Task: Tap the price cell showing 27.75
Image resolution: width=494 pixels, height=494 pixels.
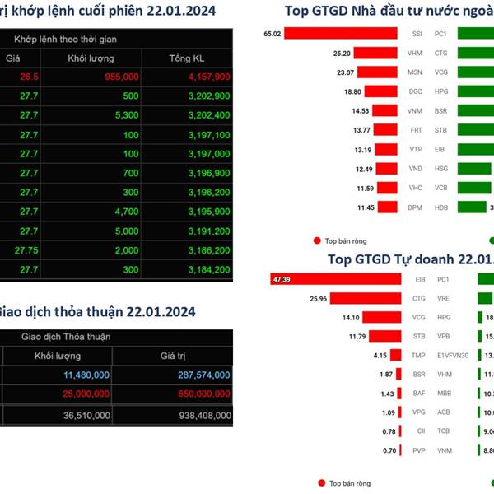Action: click(27, 249)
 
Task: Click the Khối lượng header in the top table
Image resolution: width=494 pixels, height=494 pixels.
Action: click(91, 58)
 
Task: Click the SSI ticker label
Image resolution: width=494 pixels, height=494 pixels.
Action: click(417, 34)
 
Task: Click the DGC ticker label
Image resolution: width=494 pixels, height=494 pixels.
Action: click(416, 91)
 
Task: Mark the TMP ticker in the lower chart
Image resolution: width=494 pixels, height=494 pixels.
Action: click(418, 356)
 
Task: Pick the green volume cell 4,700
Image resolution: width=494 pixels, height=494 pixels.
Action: click(121, 212)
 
